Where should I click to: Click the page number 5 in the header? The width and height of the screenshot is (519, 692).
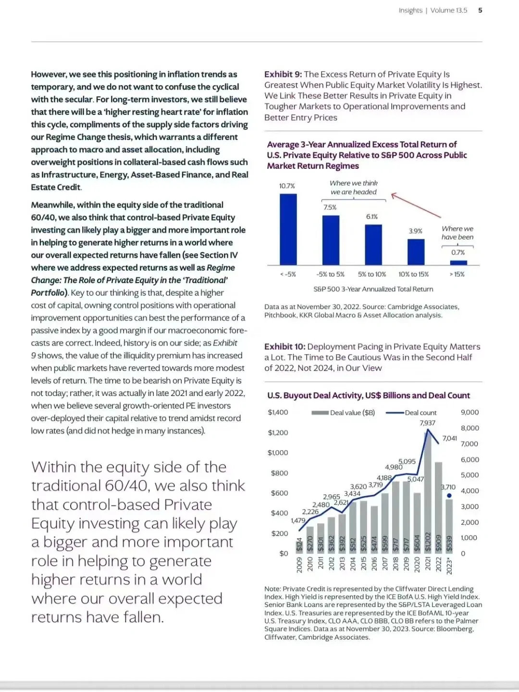(x=480, y=10)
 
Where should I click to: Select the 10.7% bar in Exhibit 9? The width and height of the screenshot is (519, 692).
(x=288, y=229)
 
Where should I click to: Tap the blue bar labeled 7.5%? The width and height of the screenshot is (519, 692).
(x=331, y=240)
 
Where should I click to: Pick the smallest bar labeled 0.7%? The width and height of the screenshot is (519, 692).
(x=458, y=262)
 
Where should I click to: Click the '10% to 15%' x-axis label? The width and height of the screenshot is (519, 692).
(x=413, y=274)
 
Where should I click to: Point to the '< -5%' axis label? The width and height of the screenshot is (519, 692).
(x=288, y=274)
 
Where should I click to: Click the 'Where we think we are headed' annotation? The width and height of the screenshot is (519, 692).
(x=354, y=187)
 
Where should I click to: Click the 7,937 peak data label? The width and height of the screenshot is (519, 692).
(x=427, y=423)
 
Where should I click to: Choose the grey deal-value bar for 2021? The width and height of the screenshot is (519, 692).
(x=428, y=495)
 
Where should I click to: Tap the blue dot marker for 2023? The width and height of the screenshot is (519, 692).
(x=449, y=495)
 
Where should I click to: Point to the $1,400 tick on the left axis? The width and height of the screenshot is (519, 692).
(x=278, y=412)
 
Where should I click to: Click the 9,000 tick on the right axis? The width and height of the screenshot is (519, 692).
(x=470, y=412)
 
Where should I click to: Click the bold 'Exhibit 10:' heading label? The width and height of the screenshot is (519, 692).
(x=285, y=346)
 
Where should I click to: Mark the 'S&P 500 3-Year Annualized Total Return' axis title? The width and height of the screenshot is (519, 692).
(x=373, y=289)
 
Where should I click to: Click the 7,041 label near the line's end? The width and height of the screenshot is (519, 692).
(x=450, y=438)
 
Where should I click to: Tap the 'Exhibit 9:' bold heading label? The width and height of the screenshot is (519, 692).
(x=283, y=74)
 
